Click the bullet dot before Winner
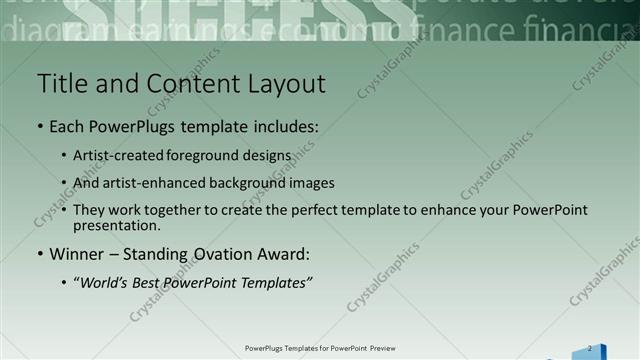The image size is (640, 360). point(39,254)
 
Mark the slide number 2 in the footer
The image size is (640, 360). point(589,348)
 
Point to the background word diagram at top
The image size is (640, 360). point(35,31)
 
